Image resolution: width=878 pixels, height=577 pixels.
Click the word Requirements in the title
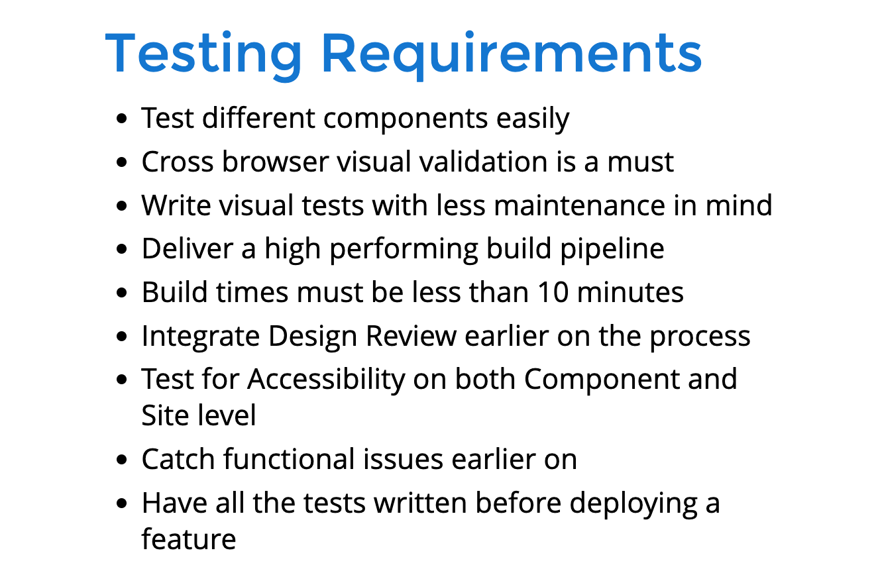click(x=512, y=55)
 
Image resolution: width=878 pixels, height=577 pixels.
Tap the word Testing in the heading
click(x=203, y=56)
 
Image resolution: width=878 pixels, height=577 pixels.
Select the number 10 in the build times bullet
click(x=553, y=292)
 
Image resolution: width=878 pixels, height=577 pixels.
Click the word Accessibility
click(x=326, y=380)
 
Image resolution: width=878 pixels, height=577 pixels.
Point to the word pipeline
click(x=612, y=250)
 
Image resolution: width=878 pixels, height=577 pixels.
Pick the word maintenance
click(x=579, y=205)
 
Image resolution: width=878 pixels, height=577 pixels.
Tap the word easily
click(x=533, y=119)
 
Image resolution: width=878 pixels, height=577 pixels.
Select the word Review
click(x=412, y=336)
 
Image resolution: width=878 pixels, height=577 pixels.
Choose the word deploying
click(x=633, y=504)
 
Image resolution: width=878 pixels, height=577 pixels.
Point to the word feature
click(x=189, y=539)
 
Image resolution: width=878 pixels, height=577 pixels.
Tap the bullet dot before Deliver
click(x=122, y=249)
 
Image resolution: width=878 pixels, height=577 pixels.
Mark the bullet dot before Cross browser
click(x=122, y=162)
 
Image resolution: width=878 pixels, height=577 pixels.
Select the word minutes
click(x=630, y=292)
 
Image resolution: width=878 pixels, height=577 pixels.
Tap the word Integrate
click(x=201, y=337)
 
